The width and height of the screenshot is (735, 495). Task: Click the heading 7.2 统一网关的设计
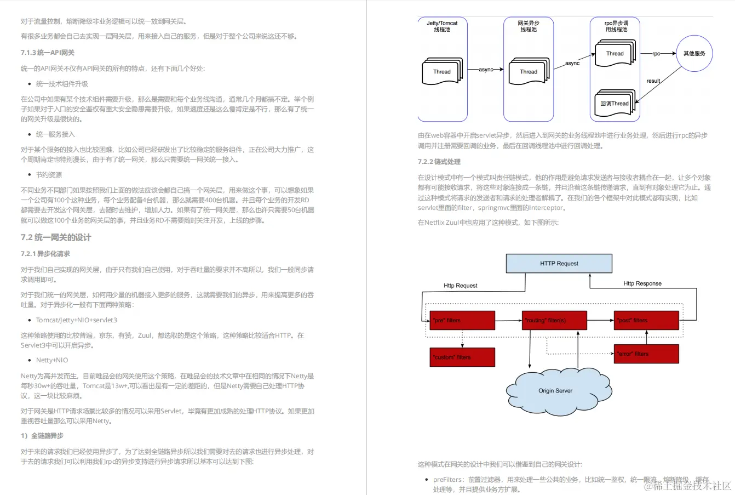pos(56,237)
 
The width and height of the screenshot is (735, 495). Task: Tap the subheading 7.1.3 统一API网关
pos(48,53)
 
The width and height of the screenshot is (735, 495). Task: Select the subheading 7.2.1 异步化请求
pos(45,254)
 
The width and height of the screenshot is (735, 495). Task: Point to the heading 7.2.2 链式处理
pos(439,162)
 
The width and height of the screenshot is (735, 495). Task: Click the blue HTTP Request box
pos(559,264)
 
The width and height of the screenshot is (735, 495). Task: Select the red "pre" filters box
pos(462,320)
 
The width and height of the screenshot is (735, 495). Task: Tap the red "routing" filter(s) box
pos(554,320)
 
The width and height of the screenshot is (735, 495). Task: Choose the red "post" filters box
pos(646,320)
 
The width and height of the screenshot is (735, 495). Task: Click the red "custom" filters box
pos(462,357)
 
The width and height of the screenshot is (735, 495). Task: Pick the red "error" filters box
pos(646,354)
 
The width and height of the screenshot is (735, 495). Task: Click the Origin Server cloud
pos(555,391)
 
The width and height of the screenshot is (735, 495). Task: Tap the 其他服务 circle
pos(694,54)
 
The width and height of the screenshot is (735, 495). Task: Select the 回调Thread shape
pos(615,104)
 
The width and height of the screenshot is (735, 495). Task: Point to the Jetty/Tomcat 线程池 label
pos(442,26)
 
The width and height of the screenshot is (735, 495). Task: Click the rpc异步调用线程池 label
pos(616,26)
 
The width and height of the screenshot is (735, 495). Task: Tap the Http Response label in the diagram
pos(642,283)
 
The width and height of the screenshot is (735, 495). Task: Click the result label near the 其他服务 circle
pos(653,81)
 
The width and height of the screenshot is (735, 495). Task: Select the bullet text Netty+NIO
pos(52,360)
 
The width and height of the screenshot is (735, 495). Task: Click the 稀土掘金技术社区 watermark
pos(687,486)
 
